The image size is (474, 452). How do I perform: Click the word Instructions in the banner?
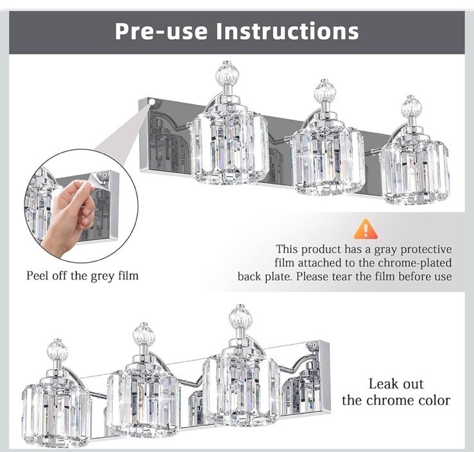pyautogui.click(x=287, y=31)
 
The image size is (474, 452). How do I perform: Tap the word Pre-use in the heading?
pyautogui.click(x=162, y=31)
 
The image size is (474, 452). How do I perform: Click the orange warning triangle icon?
pyautogui.click(x=366, y=229)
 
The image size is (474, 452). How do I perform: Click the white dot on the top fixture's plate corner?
pyautogui.click(x=152, y=102)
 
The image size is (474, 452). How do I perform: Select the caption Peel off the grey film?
pyautogui.click(x=82, y=276)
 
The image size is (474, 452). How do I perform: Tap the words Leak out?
pyautogui.click(x=396, y=384)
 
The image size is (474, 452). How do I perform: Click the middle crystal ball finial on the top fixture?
pyautogui.click(x=325, y=90)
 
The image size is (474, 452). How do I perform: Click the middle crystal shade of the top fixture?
pyautogui.click(x=328, y=160)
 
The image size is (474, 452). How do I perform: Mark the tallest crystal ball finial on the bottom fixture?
pyautogui.click(x=241, y=316)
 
